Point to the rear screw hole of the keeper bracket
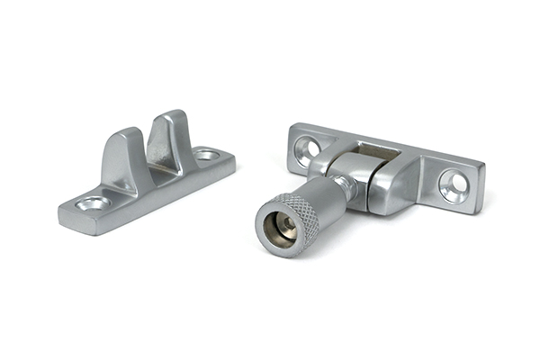click(207, 155)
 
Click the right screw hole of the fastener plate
click(454, 184)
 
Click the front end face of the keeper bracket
click(72, 219)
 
